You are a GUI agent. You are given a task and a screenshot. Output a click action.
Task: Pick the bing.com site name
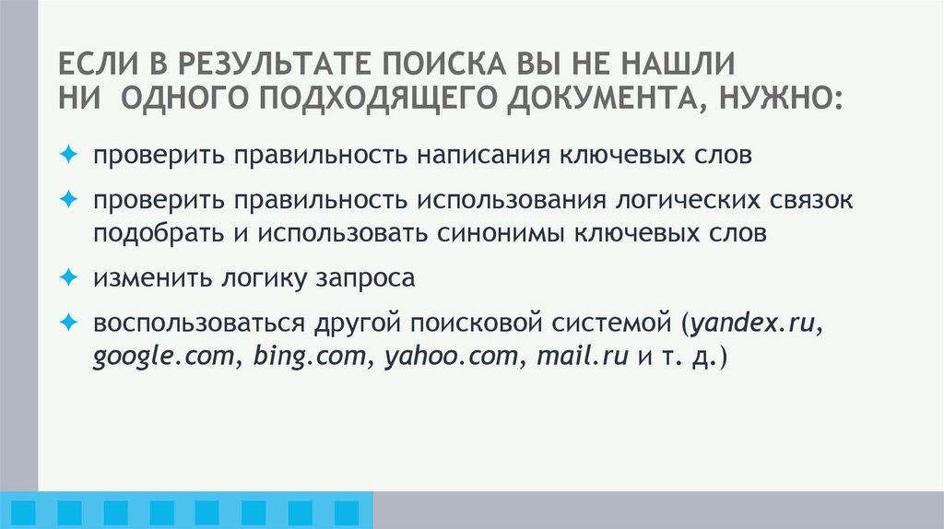[x=307, y=357]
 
